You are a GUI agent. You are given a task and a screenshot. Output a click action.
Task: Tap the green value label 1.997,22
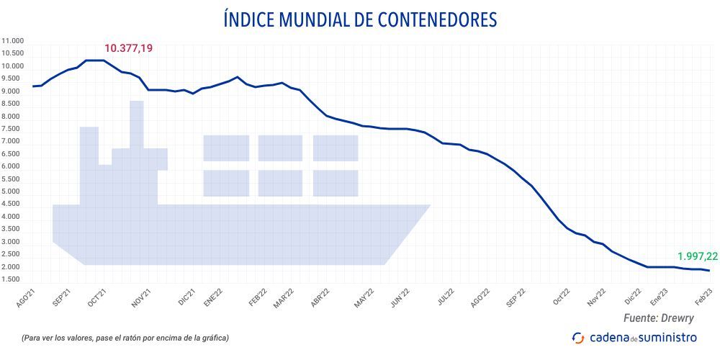click(697, 256)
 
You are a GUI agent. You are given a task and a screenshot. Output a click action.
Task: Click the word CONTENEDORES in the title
click(428, 19)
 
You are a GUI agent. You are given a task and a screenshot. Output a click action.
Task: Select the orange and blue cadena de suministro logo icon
click(577, 338)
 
